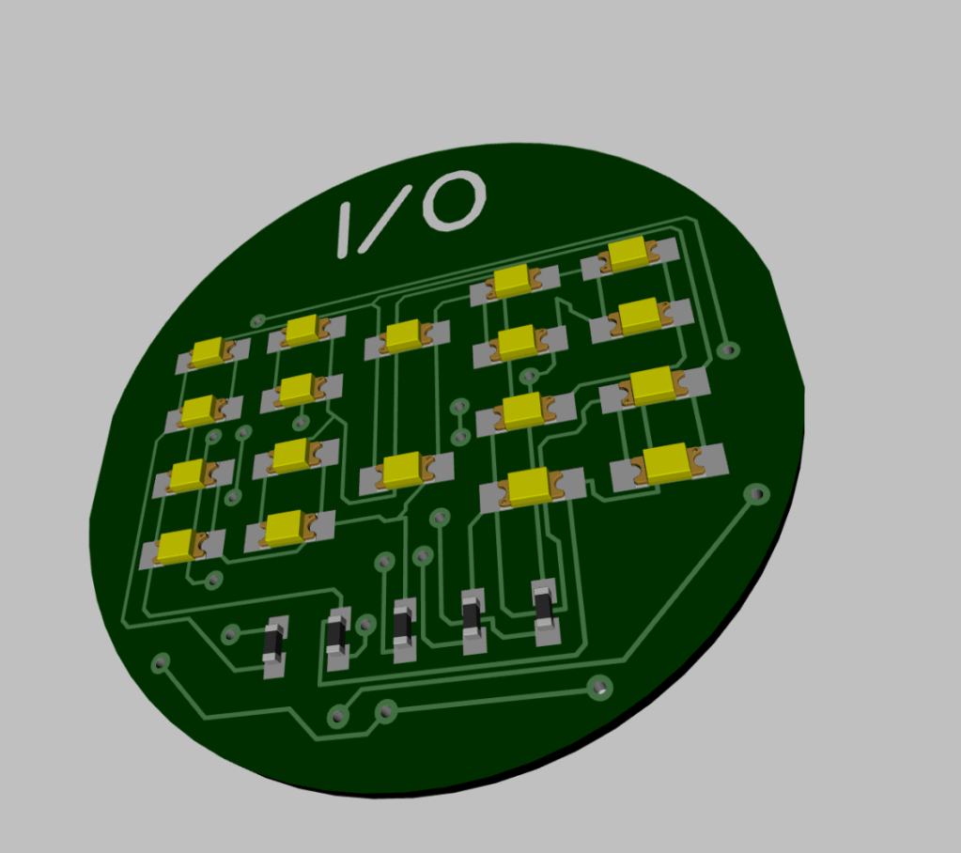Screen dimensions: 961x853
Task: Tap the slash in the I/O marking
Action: click(x=387, y=219)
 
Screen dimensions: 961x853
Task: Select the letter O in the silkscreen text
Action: click(x=455, y=200)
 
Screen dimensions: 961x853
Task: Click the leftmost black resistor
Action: click(x=274, y=646)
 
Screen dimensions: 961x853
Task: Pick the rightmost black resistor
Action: click(x=546, y=612)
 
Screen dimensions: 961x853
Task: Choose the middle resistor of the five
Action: click(x=403, y=630)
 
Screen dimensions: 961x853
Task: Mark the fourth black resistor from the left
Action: click(x=473, y=621)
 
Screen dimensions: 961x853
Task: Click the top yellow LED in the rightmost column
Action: click(x=629, y=256)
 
